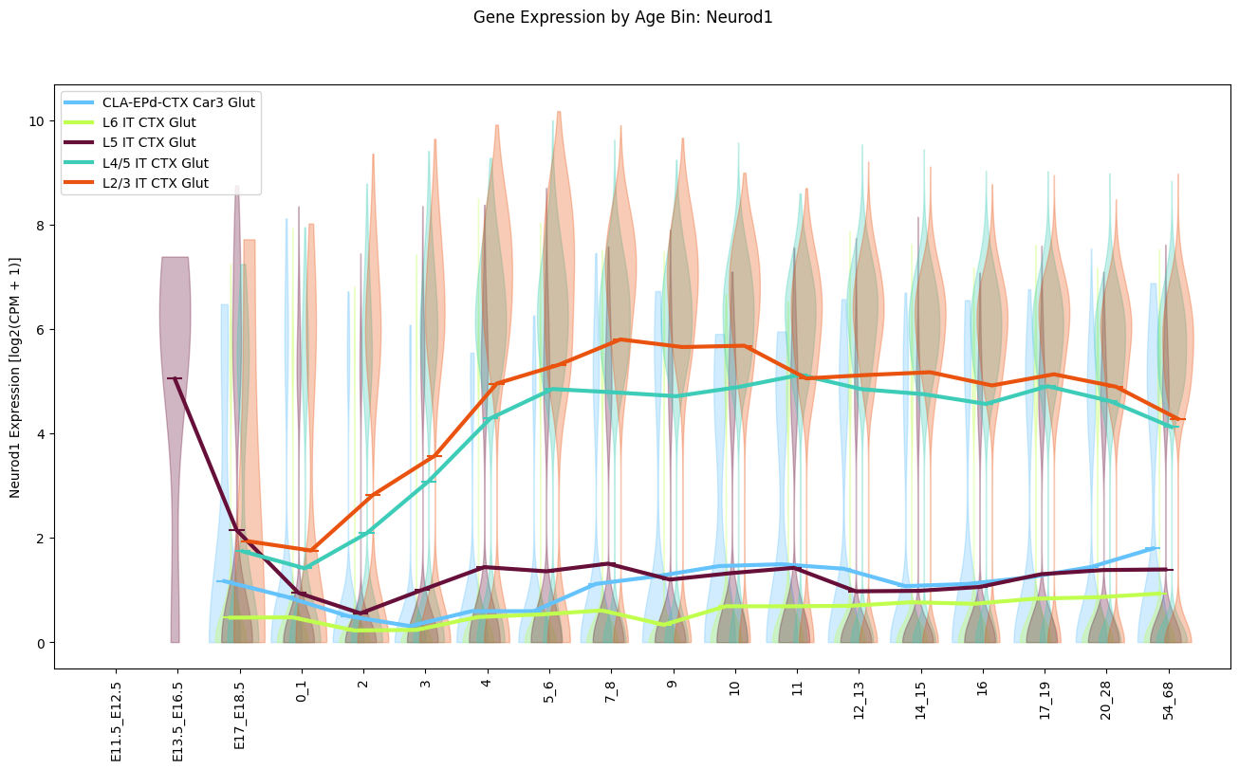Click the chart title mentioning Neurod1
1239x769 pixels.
click(x=622, y=17)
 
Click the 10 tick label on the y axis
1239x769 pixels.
click(x=36, y=121)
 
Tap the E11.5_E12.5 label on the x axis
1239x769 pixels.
click(x=116, y=722)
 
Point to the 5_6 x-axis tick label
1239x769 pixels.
click(x=548, y=696)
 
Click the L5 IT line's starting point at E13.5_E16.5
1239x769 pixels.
click(x=175, y=378)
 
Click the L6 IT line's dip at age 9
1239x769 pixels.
click(x=667, y=624)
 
